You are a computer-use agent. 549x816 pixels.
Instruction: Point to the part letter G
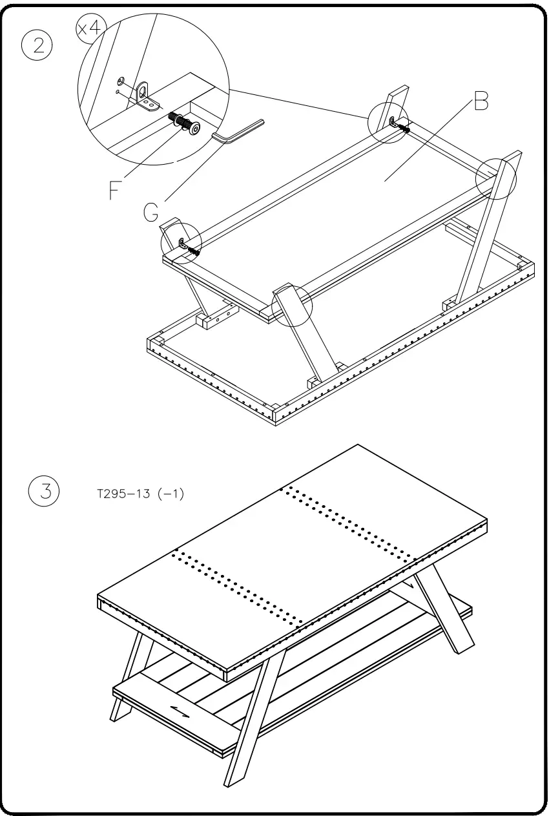pos(150,212)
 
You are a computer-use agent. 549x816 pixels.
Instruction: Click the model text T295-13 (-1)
pos(139,494)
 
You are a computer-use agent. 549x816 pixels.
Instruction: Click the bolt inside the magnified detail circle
pos(183,122)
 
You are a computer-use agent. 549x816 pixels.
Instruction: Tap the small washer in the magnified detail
pos(121,81)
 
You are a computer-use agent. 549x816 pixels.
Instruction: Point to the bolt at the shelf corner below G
pos(192,250)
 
